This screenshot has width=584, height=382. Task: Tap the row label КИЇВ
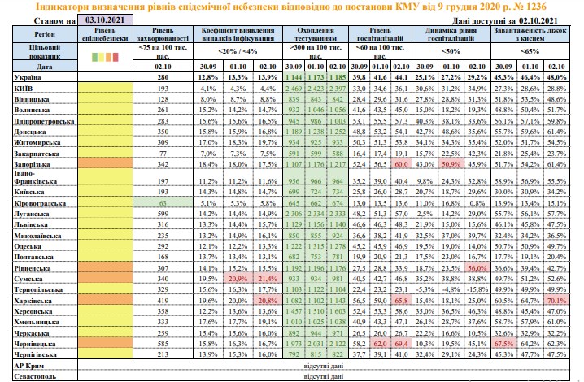pyautogui.click(x=24, y=86)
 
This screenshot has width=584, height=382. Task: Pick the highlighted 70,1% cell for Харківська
pyautogui.click(x=556, y=300)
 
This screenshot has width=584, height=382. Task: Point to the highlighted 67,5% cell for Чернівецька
pyautogui.click(x=502, y=345)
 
